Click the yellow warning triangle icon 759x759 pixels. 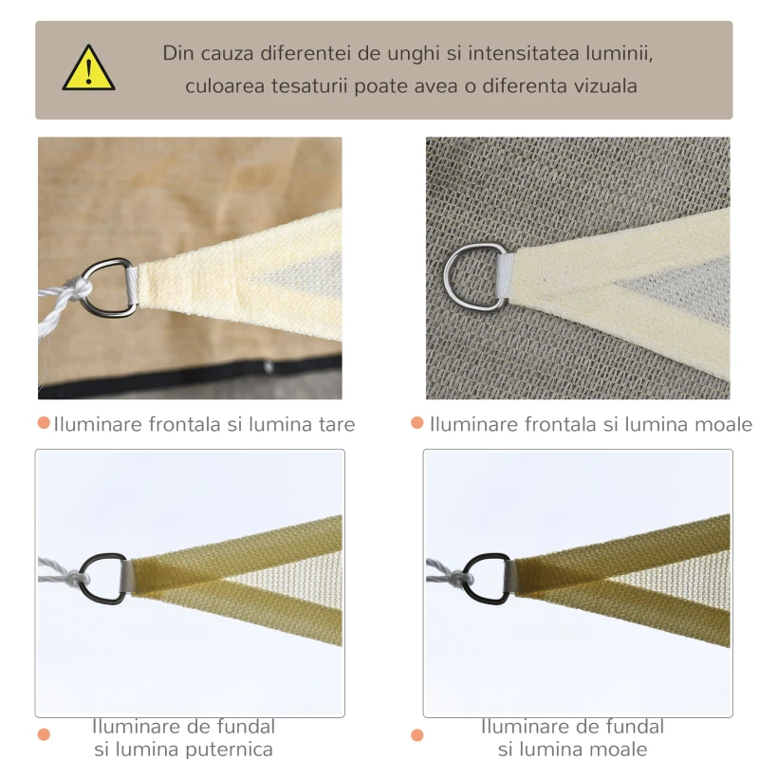[x=88, y=69]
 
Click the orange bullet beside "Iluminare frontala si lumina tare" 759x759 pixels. [x=44, y=423]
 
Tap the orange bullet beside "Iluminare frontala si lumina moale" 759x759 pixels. [x=417, y=423]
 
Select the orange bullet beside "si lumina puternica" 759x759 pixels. [x=44, y=734]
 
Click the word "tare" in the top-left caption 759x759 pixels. [x=335, y=424]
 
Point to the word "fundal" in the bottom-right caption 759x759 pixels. [x=631, y=727]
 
